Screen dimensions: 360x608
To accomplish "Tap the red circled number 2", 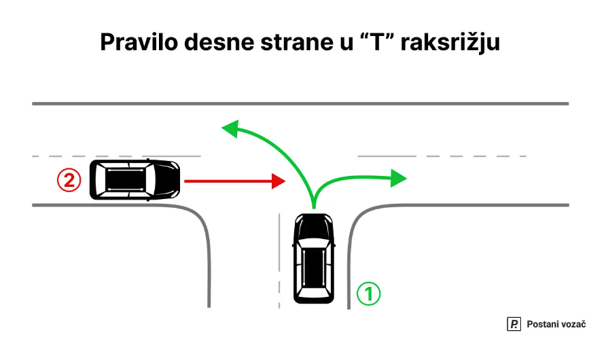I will pos(69,180).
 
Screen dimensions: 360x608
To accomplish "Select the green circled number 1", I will pos(369,294).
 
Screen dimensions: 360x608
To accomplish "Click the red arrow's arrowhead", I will pos(278,181).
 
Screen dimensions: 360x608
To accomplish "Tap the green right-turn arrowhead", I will pos(399,178).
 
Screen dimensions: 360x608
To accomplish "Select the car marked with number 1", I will pos(313,258).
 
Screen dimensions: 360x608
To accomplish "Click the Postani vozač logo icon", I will pos(514,325).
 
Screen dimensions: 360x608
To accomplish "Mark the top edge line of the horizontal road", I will pos(299,103).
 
